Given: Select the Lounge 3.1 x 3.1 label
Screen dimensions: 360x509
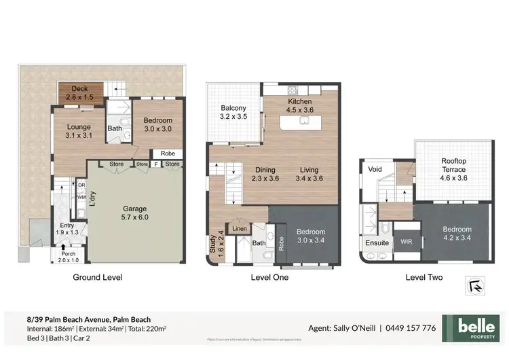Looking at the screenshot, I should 79,130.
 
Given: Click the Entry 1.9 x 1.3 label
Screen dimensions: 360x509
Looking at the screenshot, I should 67,230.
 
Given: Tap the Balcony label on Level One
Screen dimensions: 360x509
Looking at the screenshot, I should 233,113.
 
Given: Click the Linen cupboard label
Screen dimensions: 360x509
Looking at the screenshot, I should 240,229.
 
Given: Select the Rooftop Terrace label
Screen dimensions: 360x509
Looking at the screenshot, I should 453,169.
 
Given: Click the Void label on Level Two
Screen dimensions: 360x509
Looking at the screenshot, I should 375,169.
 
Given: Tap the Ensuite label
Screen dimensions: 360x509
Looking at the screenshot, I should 377,242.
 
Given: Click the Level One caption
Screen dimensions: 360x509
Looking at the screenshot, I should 270,277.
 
